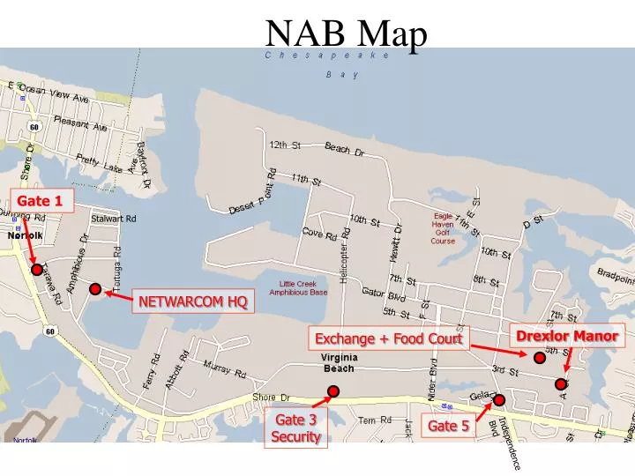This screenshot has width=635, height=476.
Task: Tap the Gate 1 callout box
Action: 40,201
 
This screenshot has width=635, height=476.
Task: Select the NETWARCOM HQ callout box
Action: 192,302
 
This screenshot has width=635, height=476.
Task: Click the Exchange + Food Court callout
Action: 389,338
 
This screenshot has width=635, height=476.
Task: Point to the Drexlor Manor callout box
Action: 567,336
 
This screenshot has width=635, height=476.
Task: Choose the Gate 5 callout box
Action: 448,427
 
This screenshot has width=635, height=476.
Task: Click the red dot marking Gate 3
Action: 333,390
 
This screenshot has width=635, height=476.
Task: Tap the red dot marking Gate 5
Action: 498,400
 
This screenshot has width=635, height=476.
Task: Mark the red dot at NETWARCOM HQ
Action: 94,289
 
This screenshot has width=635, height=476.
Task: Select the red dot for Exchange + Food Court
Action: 540,357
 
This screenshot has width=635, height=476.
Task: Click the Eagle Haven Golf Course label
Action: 443,228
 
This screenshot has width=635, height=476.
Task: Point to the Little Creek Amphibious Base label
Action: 298,286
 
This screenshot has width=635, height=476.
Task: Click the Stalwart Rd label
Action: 114,219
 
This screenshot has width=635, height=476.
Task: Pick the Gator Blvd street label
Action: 384,294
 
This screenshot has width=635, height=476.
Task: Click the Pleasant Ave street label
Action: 80,123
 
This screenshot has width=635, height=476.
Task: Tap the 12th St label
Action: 285,144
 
